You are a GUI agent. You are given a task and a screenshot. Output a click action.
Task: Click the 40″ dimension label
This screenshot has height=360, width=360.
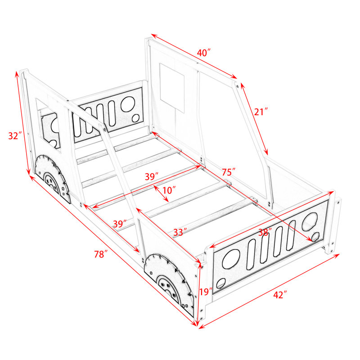click(204, 53)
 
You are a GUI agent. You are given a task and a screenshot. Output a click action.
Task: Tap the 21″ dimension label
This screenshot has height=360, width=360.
click(261, 112)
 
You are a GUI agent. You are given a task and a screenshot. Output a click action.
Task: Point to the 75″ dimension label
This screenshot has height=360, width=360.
click(229, 172)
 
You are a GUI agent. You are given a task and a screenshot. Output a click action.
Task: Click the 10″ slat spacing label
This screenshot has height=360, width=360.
click(169, 190)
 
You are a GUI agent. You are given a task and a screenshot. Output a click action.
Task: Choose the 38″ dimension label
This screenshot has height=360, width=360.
click(265, 233)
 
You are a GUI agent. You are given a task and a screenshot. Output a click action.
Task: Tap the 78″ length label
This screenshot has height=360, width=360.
click(101, 254)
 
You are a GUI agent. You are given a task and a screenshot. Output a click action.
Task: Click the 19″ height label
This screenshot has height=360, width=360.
click(206, 292)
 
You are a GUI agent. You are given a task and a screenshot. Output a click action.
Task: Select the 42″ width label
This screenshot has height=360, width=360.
click(280, 295)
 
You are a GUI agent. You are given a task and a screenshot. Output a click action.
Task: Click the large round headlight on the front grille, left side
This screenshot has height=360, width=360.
click(231, 258)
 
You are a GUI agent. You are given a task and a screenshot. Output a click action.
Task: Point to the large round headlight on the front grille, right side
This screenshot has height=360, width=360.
click(310, 221)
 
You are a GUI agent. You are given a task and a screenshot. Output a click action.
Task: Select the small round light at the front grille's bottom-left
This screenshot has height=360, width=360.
click(221, 283)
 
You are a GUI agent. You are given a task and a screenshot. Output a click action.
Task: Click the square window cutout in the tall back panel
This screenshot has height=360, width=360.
click(172, 88)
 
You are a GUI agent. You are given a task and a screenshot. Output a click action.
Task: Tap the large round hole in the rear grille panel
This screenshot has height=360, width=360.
click(128, 104)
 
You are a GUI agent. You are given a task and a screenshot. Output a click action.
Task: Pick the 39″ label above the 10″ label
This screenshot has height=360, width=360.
click(152, 176)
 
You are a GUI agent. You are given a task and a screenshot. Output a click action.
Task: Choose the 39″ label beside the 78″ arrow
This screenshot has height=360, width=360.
click(120, 224)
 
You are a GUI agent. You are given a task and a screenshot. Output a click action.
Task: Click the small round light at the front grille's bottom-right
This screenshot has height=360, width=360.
click(315, 237)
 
